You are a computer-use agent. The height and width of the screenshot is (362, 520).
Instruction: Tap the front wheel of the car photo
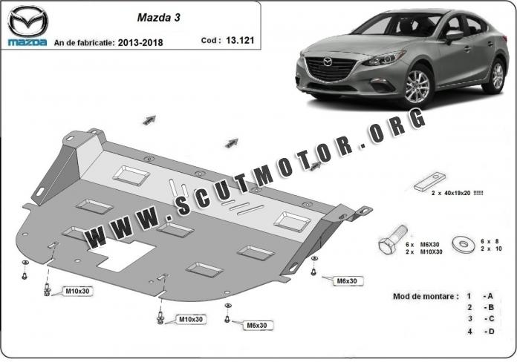coord(417,86)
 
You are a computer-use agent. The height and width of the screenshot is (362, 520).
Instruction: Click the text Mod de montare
coord(426,296)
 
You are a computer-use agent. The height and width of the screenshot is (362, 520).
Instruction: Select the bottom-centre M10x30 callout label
coord(190,320)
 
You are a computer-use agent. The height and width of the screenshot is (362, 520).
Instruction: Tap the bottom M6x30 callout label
coord(257,325)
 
